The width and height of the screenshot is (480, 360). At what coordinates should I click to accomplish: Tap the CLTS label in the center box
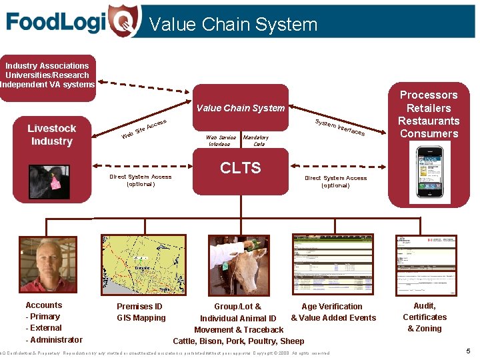(240, 167)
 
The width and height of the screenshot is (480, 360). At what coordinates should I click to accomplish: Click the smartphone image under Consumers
(429, 172)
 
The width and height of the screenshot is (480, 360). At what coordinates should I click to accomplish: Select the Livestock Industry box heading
(51, 135)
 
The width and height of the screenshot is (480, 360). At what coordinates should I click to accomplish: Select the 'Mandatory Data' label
(255, 141)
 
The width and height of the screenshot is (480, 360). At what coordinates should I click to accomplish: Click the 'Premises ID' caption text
(139, 307)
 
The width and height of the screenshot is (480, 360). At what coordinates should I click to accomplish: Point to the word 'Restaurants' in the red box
(429, 121)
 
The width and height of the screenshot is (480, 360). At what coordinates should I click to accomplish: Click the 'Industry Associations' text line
(47, 66)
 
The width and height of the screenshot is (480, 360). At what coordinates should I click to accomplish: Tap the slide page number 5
(468, 351)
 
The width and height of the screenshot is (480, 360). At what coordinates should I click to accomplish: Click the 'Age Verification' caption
(332, 307)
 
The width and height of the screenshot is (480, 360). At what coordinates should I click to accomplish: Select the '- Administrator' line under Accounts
(54, 340)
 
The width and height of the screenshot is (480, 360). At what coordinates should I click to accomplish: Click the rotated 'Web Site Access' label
(143, 129)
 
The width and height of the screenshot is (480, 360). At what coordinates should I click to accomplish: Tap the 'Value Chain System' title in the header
(233, 25)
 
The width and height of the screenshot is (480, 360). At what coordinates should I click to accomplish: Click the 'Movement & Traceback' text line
(239, 329)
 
